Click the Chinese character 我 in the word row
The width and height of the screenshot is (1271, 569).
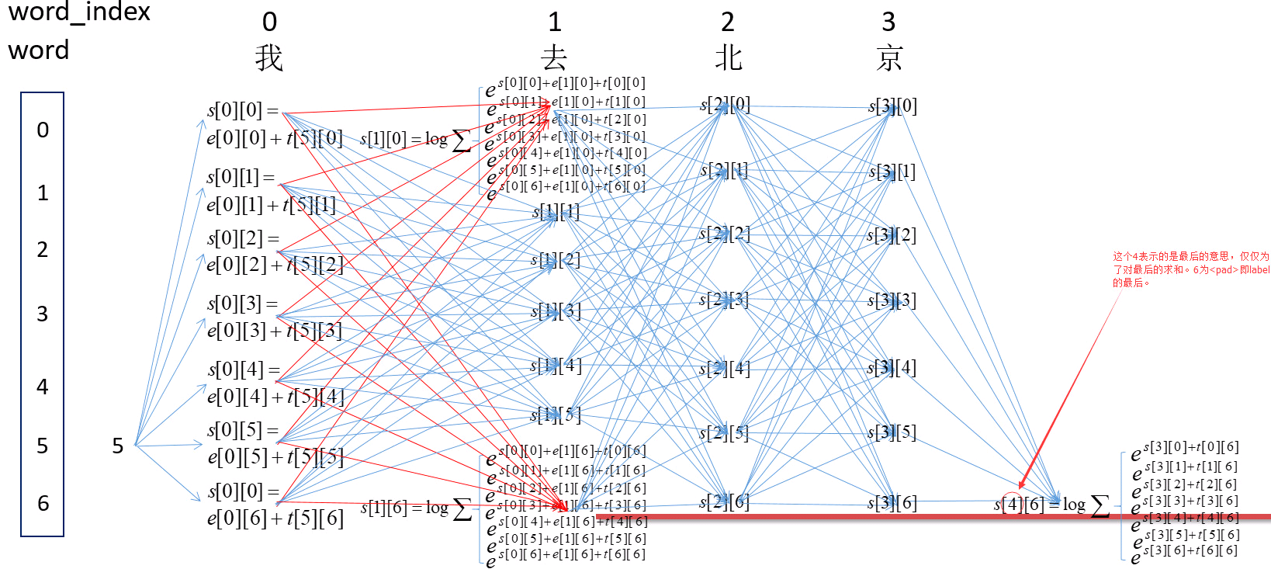[268, 58]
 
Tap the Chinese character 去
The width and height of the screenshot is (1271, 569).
[554, 58]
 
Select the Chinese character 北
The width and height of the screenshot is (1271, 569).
[728, 58]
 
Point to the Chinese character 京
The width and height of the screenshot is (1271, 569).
[889, 58]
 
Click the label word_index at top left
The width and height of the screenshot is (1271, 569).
[79, 12]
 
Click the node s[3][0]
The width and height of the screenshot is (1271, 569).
[892, 106]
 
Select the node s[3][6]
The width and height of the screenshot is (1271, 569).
[892, 503]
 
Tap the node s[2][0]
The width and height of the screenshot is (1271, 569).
[725, 105]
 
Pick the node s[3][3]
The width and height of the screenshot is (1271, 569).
[892, 300]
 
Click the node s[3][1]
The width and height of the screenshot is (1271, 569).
[892, 172]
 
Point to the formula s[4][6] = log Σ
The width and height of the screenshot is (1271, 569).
[1051, 505]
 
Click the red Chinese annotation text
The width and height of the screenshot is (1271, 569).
[1190, 269]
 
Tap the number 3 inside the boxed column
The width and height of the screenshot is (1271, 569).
[43, 314]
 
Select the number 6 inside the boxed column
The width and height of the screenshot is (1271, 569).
[43, 504]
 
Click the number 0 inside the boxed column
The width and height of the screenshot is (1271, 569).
[43, 130]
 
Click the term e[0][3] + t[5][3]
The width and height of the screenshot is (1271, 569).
[274, 331]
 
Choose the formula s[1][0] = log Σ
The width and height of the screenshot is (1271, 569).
[415, 140]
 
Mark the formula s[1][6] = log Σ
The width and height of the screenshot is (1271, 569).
[416, 508]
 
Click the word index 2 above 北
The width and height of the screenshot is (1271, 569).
[727, 22]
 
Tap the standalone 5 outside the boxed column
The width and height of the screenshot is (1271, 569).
[118, 446]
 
